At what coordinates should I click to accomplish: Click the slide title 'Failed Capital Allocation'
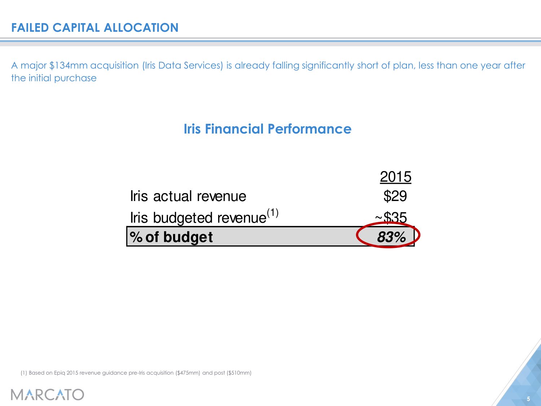(x=95, y=28)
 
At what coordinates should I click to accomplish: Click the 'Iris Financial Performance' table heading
(x=267, y=129)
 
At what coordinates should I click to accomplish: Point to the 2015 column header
(x=395, y=177)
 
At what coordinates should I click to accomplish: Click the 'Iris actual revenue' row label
(x=188, y=196)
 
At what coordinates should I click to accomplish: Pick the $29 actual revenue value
(x=395, y=196)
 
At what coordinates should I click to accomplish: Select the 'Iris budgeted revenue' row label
(x=198, y=218)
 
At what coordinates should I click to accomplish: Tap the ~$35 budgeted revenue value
(x=391, y=218)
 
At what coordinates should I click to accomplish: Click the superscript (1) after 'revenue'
(x=273, y=213)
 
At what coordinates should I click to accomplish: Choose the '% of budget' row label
(x=171, y=237)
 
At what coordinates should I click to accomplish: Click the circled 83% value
(x=391, y=237)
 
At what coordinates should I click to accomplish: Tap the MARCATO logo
(x=48, y=394)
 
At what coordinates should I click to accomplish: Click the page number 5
(x=528, y=399)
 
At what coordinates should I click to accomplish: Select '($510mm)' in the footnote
(x=239, y=373)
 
